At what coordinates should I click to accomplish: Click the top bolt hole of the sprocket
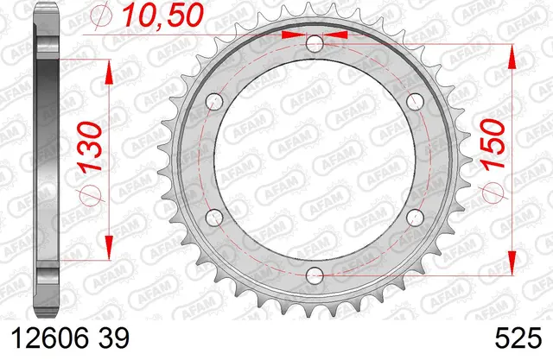(315, 44)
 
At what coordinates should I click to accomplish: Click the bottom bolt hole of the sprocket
(315, 275)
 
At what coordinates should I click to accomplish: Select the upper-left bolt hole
(214, 102)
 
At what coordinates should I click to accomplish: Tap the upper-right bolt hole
(415, 102)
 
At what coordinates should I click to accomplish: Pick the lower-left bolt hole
(214, 218)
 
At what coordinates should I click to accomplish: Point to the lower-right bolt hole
(415, 218)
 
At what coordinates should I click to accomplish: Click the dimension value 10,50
(163, 16)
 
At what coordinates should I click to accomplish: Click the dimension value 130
(91, 147)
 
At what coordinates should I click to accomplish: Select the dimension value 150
(493, 145)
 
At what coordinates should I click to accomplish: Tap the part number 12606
(50, 338)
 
